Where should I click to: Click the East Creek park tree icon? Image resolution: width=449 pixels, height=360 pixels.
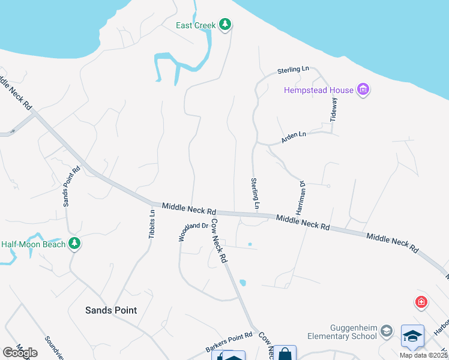pyautogui.click(x=225, y=25)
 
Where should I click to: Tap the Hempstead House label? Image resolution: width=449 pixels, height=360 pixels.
pyautogui.click(x=318, y=91)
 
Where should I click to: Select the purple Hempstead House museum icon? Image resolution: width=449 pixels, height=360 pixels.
pyautogui.click(x=363, y=91)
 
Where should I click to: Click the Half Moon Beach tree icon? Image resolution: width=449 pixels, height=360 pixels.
pyautogui.click(x=74, y=244)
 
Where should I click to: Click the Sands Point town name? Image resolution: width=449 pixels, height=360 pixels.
pyautogui.click(x=111, y=310)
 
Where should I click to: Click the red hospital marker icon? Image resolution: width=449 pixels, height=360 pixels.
pyautogui.click(x=421, y=301)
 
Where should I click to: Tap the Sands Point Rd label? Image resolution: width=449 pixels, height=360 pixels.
pyautogui.click(x=71, y=187)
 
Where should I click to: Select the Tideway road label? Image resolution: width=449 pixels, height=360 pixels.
pyautogui.click(x=334, y=110)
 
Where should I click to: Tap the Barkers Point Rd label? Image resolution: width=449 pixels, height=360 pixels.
pyautogui.click(x=229, y=341)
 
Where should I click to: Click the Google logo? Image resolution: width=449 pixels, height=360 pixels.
pyautogui.click(x=20, y=352)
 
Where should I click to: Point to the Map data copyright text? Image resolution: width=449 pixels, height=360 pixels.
pyautogui.click(x=424, y=355)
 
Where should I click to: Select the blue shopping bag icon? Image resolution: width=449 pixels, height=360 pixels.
pyautogui.click(x=285, y=353)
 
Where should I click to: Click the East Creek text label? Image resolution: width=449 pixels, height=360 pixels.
pyautogui.click(x=195, y=25)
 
